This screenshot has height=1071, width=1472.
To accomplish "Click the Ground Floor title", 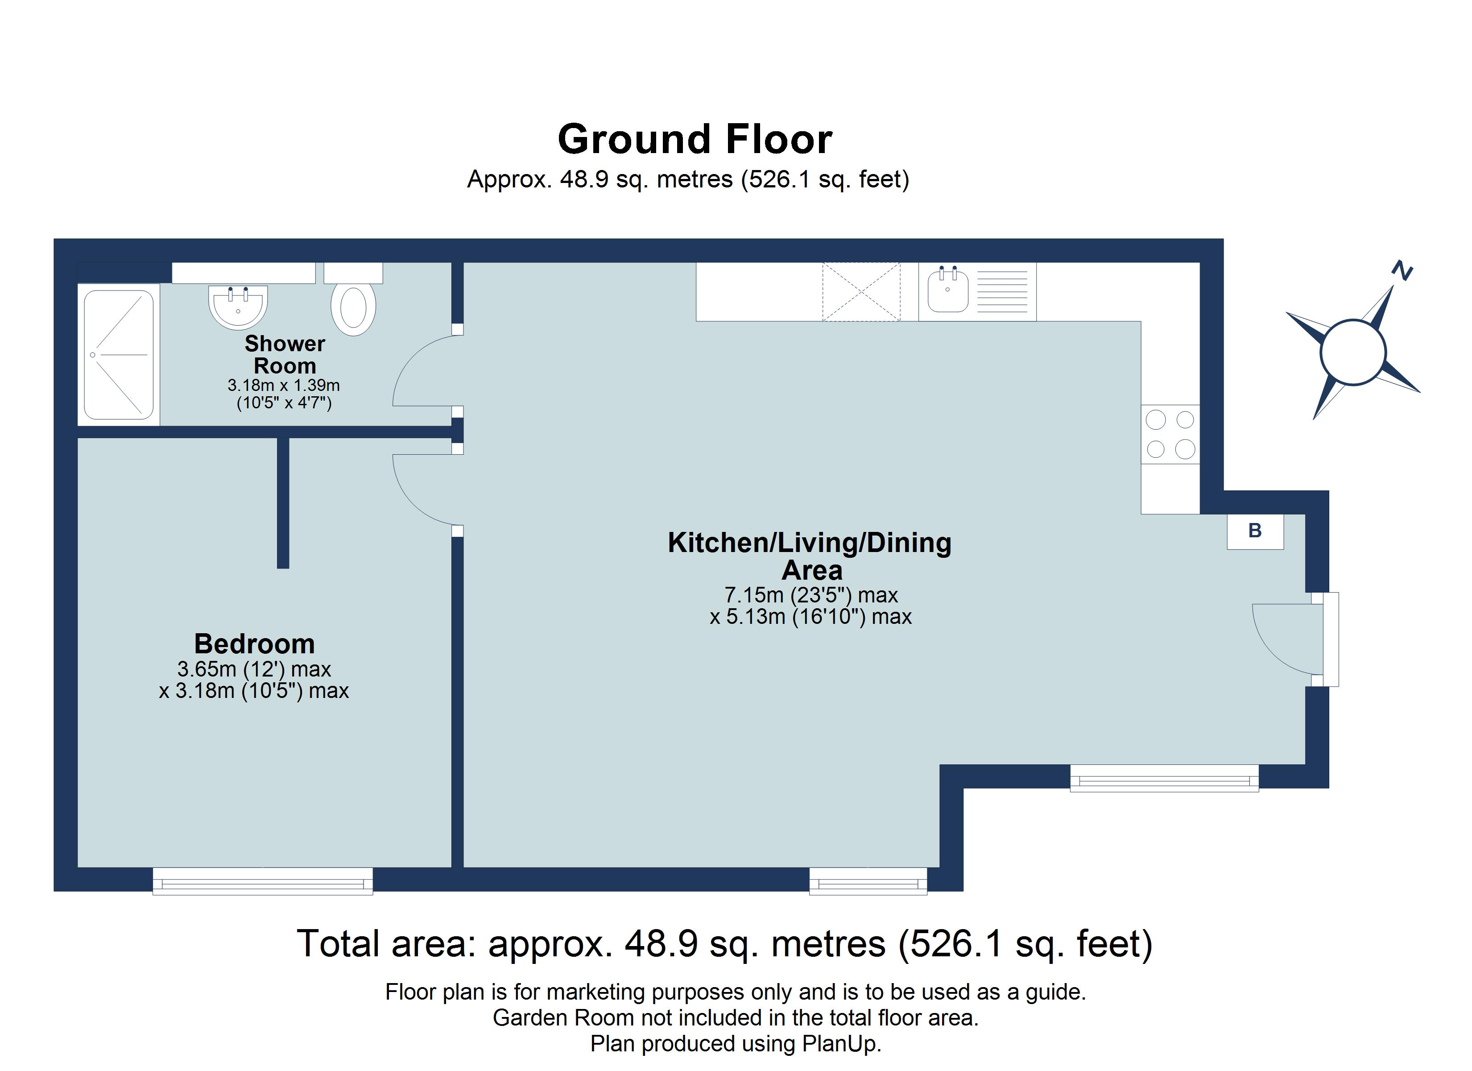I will click(695, 140).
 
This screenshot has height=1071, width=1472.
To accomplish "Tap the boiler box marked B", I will click(1255, 531).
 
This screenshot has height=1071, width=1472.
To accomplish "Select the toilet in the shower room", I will click(353, 307).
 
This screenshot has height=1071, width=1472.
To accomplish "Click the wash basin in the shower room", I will click(238, 307).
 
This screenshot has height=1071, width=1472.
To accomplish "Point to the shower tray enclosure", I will click(118, 355).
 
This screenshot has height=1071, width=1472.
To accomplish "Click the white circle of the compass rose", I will click(1353, 353).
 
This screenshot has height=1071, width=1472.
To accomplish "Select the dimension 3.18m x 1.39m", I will click(284, 385).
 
